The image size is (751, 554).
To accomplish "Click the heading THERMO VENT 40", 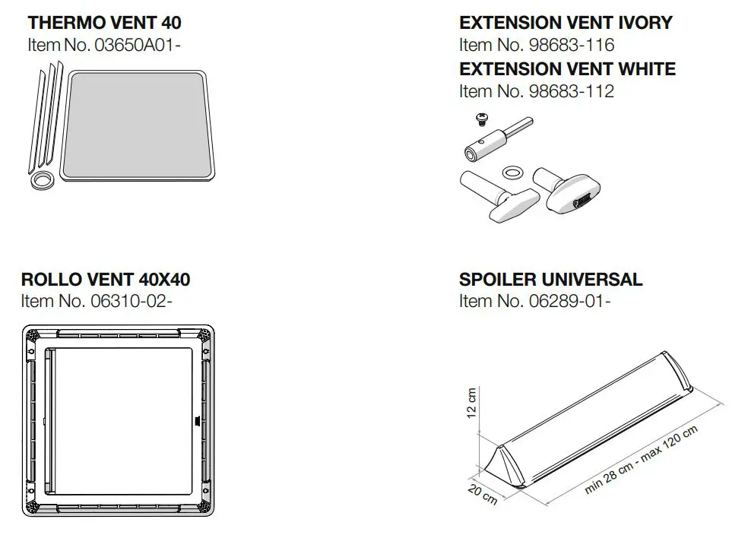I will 104,23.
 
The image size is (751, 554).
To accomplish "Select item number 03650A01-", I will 104,45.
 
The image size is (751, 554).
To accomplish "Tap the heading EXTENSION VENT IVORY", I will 566,23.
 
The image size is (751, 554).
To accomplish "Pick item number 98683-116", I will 536,45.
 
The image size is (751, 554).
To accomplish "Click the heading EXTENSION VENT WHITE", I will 567,68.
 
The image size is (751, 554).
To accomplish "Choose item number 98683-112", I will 536,91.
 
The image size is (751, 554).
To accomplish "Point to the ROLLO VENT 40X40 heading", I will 106,279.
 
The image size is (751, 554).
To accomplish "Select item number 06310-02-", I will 97,301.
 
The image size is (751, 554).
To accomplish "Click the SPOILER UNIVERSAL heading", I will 550,279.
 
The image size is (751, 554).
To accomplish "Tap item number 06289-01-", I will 534,301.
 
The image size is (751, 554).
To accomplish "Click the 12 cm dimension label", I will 471,404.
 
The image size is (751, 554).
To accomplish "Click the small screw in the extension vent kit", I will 481,119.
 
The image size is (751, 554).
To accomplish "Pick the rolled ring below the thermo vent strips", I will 43,180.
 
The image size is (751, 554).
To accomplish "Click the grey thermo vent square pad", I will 137,126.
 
